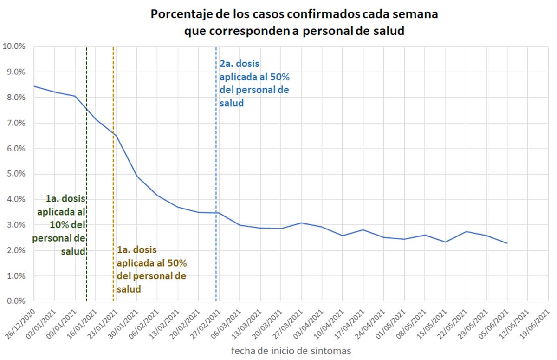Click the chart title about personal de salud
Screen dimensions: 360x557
294,22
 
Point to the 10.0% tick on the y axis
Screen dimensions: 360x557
16,46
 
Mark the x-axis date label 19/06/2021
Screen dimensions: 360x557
536,321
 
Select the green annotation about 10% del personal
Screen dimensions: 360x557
59,225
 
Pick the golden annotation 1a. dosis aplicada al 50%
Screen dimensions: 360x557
151,269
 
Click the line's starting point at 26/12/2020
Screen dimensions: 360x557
34,86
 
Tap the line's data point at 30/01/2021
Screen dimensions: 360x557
137,176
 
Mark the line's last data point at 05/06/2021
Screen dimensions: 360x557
507,243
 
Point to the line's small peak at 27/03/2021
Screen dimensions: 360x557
301,223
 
